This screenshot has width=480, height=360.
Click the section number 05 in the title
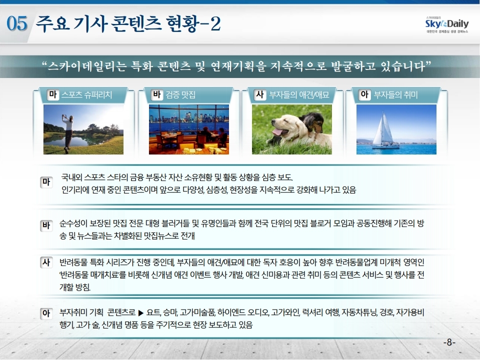(x=17, y=24)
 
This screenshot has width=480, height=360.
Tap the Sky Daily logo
(x=447, y=24)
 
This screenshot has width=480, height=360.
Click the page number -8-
(x=449, y=342)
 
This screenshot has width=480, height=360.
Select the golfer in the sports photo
(x=68, y=133)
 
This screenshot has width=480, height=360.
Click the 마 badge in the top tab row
(x=52, y=94)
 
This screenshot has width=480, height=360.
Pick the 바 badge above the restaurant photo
(x=156, y=94)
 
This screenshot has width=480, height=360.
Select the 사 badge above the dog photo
(x=260, y=94)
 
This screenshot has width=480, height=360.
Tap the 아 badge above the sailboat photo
(x=364, y=94)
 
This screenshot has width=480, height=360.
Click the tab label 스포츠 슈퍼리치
(x=86, y=95)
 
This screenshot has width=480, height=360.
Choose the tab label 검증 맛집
(x=180, y=95)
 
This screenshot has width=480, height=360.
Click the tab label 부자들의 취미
(x=395, y=95)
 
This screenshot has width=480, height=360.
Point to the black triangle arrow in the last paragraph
(x=141, y=313)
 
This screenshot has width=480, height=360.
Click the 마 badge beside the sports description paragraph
(x=46, y=182)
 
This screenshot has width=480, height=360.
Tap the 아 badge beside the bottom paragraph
(x=46, y=313)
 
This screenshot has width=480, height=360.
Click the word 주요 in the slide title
(x=52, y=23)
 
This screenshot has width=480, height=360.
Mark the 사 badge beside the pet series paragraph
(x=46, y=262)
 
